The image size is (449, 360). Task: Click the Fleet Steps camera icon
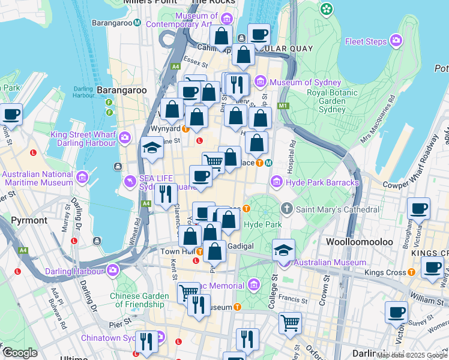tap(396, 41)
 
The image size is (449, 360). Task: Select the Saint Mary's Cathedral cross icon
tap(287, 209)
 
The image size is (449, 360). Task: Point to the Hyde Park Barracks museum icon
tap(276, 182)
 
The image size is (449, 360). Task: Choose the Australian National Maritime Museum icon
tap(82, 178)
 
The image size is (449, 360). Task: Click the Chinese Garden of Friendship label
tap(146, 299)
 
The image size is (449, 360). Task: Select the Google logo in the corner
tap(20, 353)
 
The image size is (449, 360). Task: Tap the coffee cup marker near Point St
tap(11, 113)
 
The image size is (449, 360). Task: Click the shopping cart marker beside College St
tap(290, 322)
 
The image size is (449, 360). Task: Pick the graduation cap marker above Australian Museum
tap(283, 249)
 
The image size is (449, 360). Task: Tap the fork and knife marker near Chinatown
tap(146, 341)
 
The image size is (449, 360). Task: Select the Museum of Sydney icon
tap(261, 82)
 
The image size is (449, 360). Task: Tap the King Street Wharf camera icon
tap(125, 138)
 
